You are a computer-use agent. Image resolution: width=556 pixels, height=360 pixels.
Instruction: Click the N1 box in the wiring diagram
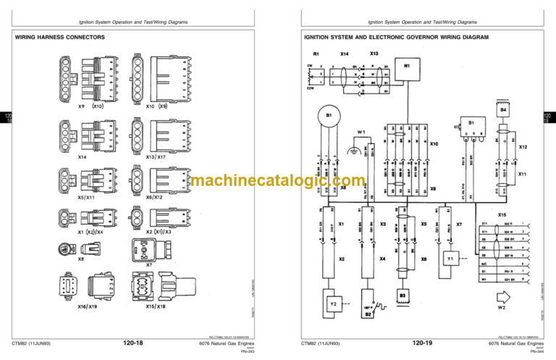[x=407, y=71]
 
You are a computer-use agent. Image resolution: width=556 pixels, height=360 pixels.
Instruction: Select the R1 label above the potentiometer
[x=315, y=54]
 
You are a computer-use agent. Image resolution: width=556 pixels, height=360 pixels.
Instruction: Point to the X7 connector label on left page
[x=149, y=265]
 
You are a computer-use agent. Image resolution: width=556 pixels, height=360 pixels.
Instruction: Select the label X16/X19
[x=87, y=306]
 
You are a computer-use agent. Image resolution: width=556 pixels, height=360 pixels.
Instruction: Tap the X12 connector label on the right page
[x=523, y=147]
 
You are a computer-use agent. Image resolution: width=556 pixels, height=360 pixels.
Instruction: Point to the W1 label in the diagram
[x=361, y=133]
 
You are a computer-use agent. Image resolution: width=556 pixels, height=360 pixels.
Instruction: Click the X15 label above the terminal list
[x=501, y=214]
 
